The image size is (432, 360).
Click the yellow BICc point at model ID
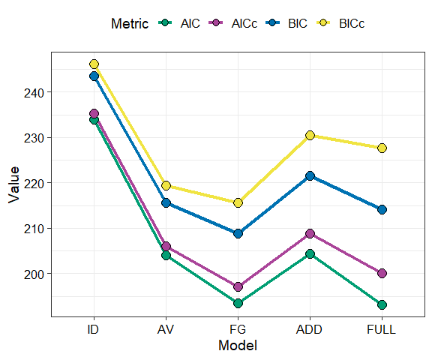point(94,64)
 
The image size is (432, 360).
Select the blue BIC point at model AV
point(166,202)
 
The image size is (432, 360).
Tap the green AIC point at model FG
point(238,303)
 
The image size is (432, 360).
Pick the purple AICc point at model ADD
point(310,234)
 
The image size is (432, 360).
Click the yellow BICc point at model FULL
point(382,148)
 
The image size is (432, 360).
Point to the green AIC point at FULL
point(382,304)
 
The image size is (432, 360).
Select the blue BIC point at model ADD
point(310,175)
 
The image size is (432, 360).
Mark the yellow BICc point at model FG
point(238,202)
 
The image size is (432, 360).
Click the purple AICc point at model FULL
point(382,273)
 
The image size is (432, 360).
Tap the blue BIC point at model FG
point(238,233)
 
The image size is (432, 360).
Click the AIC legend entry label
point(190,23)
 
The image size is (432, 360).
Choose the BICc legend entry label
point(352,23)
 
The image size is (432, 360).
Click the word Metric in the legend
point(130,23)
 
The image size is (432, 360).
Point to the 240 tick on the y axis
point(36,92)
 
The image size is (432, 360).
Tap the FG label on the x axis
point(238,328)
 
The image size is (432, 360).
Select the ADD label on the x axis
point(310,328)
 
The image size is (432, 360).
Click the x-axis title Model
point(238,346)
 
